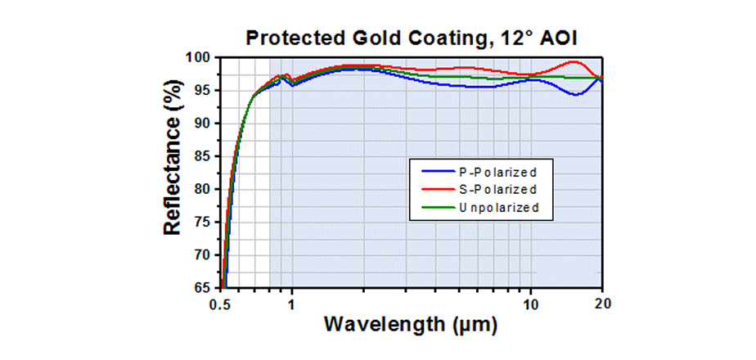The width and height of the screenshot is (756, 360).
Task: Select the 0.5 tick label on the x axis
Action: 221,303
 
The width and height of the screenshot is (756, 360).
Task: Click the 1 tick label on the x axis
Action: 291,303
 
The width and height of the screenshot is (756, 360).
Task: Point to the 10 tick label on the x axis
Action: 532,303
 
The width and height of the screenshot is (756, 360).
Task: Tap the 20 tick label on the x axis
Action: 603,303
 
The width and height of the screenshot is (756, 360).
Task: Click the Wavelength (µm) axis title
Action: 411,325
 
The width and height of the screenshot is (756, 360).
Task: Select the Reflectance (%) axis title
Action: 173,173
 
